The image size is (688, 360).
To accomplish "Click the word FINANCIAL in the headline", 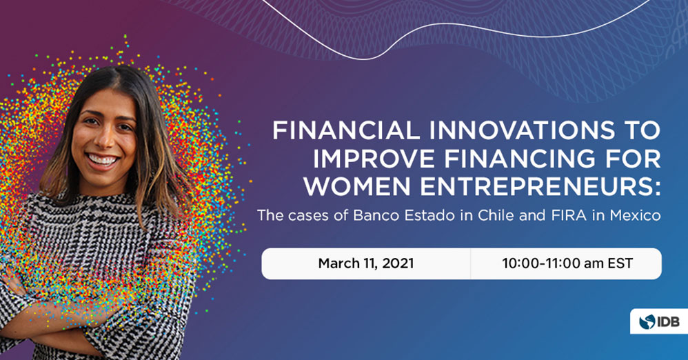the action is coord(346,130).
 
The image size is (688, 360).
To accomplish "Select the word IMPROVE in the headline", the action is coord(374,159).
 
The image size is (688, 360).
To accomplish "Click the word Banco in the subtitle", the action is coord(374,215).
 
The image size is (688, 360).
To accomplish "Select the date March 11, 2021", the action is coord(366,263).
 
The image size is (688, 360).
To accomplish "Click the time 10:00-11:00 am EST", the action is coord(567,263).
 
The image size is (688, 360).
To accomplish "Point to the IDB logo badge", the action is coord(659,321).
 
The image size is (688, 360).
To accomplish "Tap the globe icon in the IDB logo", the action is coord(647,322).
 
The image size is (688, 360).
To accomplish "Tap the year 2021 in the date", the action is coord(398,263).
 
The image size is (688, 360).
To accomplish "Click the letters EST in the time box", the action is coord(620,263).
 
